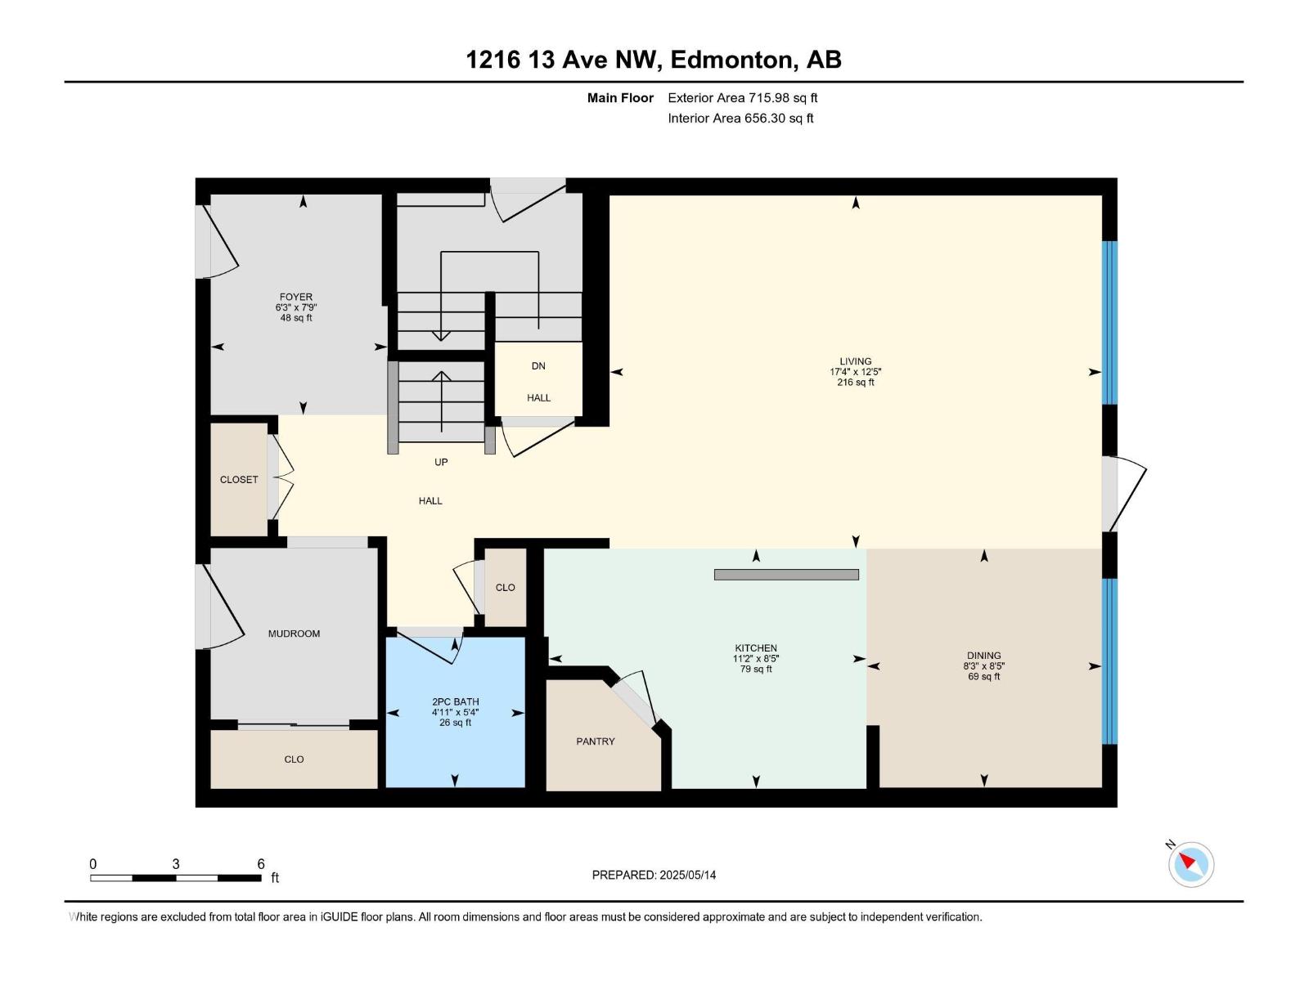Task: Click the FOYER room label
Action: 295,297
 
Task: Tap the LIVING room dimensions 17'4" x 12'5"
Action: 855,372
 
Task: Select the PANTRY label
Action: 595,741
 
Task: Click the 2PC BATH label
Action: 455,701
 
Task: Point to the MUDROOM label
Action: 294,634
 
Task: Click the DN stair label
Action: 538,366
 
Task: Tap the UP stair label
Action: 441,462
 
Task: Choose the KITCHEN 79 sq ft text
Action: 755,670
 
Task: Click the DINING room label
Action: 983,655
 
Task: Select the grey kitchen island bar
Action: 785,575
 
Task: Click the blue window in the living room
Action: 1109,322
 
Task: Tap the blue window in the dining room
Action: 1109,661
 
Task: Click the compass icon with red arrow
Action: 1191,864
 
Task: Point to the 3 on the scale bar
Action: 176,864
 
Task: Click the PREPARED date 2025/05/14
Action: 686,875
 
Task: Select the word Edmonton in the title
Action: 734,60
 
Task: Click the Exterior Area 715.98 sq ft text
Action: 742,98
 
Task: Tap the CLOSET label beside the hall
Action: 239,480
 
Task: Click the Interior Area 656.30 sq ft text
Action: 740,119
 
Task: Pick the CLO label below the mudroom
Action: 294,759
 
